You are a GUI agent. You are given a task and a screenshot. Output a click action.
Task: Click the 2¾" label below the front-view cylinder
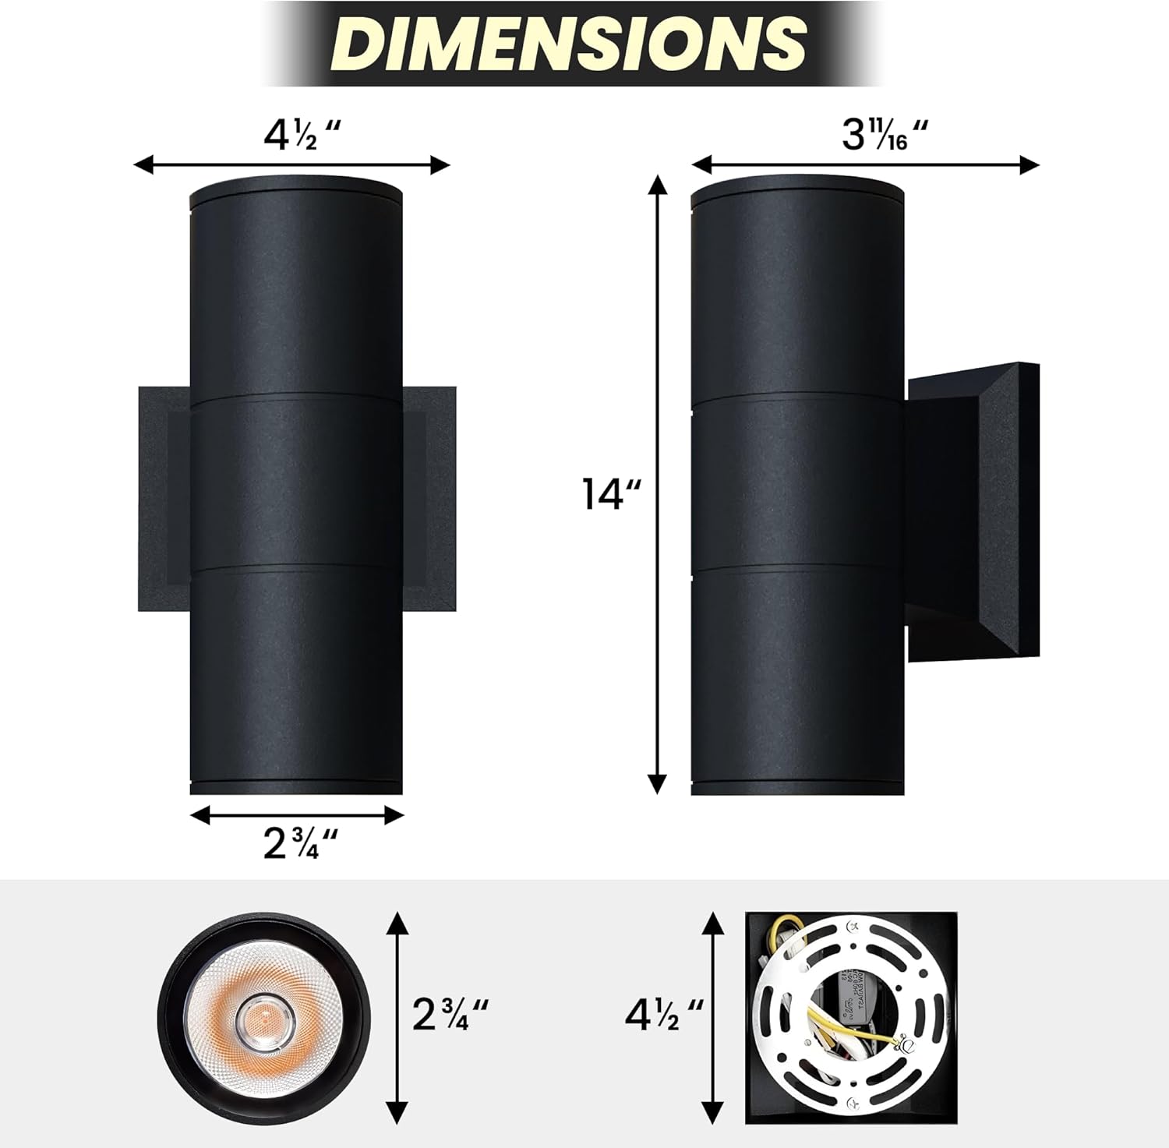(x=300, y=843)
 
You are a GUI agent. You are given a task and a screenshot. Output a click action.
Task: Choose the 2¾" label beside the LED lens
(x=450, y=1015)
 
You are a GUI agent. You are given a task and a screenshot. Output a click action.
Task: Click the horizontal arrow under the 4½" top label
(x=292, y=164)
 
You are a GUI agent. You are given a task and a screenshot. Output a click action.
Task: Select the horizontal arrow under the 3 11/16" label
(x=865, y=164)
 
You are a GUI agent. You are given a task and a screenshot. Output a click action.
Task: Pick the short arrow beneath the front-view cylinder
(x=297, y=815)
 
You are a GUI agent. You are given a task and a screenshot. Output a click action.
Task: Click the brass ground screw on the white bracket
(x=906, y=1043)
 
